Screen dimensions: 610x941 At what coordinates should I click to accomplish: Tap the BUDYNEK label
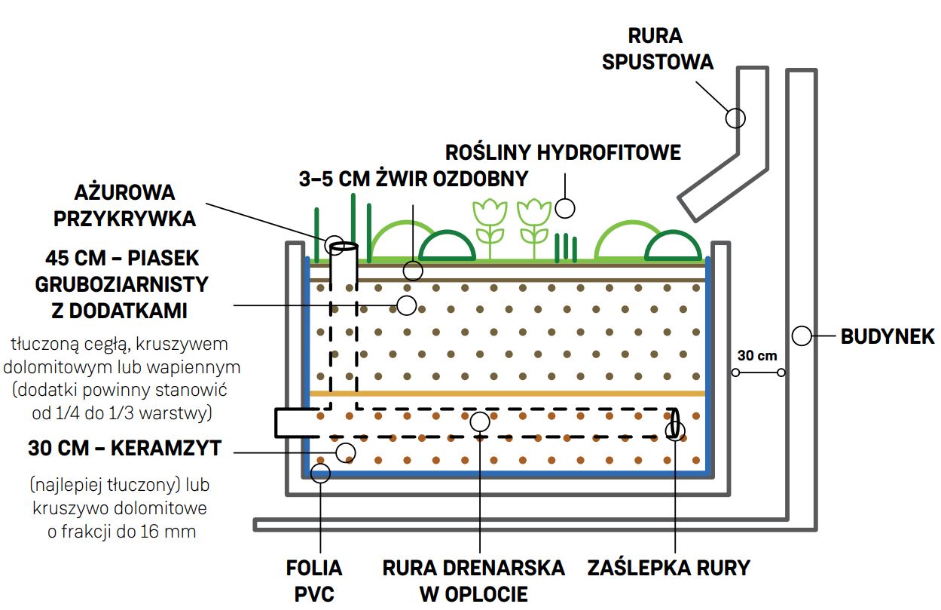pyautogui.click(x=887, y=336)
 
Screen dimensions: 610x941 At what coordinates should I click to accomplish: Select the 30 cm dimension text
pyautogui.click(x=756, y=356)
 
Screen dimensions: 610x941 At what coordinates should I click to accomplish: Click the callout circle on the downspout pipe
pyautogui.click(x=735, y=118)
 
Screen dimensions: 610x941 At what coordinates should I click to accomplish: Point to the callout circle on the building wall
pyautogui.click(x=801, y=336)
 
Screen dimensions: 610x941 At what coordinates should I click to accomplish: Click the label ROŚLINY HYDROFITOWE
pyautogui.click(x=563, y=152)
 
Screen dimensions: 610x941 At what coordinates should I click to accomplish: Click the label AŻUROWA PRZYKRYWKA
pyautogui.click(x=125, y=204)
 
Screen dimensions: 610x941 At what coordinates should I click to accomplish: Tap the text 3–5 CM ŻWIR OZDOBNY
pyautogui.click(x=414, y=179)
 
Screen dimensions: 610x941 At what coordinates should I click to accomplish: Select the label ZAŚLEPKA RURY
pyautogui.click(x=669, y=567)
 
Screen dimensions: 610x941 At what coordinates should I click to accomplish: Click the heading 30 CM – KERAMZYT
pyautogui.click(x=125, y=448)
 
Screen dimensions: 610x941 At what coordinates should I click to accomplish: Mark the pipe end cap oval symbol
pyautogui.click(x=674, y=423)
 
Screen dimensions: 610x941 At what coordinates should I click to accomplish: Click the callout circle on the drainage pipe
pyautogui.click(x=480, y=421)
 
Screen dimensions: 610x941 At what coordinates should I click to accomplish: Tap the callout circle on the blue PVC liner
pyautogui.click(x=320, y=473)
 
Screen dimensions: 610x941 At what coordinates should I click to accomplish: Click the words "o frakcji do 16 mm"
pyautogui.click(x=121, y=531)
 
